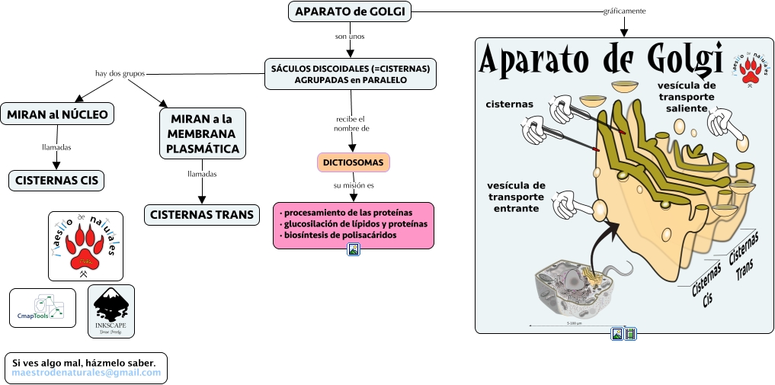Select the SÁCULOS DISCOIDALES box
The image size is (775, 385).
click(351, 74)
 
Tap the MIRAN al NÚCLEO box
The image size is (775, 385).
click(58, 114)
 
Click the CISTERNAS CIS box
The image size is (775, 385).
click(57, 181)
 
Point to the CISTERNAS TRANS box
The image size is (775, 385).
click(201, 214)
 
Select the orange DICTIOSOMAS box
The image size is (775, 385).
click(353, 162)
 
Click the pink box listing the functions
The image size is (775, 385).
click(353, 225)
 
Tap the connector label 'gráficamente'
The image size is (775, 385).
click(624, 11)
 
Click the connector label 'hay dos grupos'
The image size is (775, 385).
click(120, 74)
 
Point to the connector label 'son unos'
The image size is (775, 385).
click(350, 36)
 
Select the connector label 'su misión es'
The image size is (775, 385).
click(354, 185)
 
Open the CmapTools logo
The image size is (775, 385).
click(43, 306)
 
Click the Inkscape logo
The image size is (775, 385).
click(110, 311)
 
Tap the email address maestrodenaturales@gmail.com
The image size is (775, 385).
click(86, 373)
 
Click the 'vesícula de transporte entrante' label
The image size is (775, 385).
click(517, 197)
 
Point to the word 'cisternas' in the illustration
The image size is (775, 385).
click(511, 104)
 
